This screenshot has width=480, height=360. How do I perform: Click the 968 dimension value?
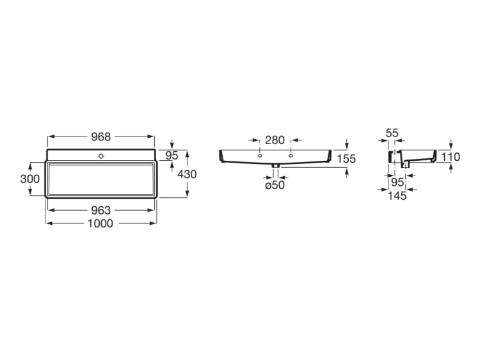click(x=100, y=136)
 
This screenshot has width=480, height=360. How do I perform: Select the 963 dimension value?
click(x=100, y=210)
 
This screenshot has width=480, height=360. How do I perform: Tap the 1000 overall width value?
click(x=100, y=224)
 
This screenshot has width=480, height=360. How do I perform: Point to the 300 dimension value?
click(x=29, y=179)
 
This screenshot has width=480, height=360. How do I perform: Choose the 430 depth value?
click(x=187, y=174)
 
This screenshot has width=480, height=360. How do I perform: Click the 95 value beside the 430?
click(x=172, y=155)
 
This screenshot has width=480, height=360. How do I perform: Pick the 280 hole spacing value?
click(x=275, y=140)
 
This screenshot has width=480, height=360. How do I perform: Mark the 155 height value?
click(x=346, y=159)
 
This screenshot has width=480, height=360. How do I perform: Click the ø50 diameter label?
click(x=275, y=185)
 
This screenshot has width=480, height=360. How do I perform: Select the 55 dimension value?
click(x=392, y=133)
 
